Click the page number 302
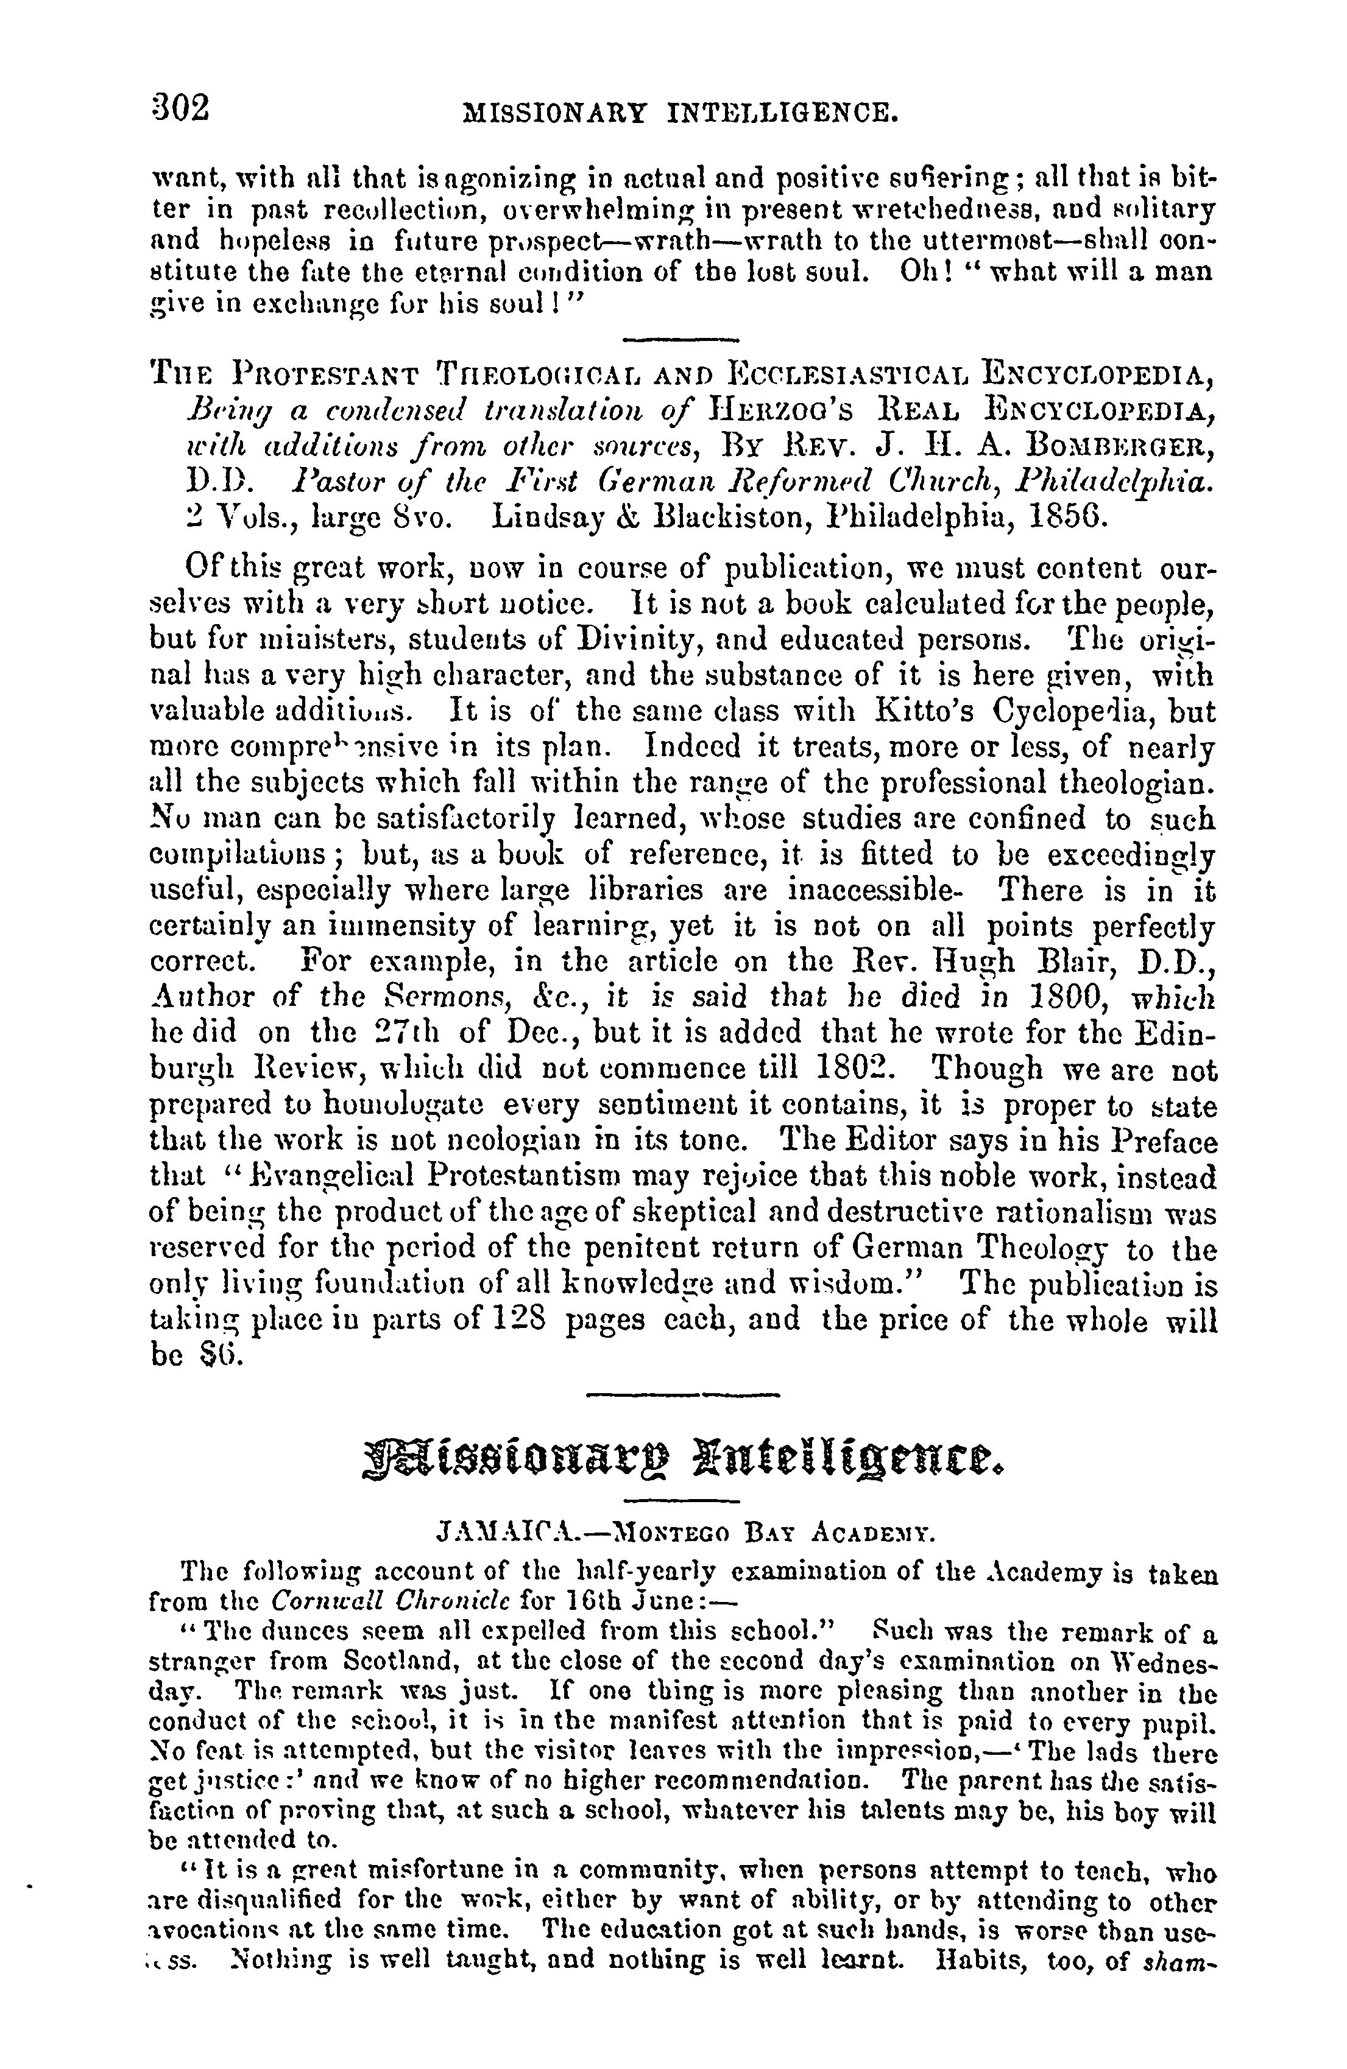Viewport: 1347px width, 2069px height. click(180, 108)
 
